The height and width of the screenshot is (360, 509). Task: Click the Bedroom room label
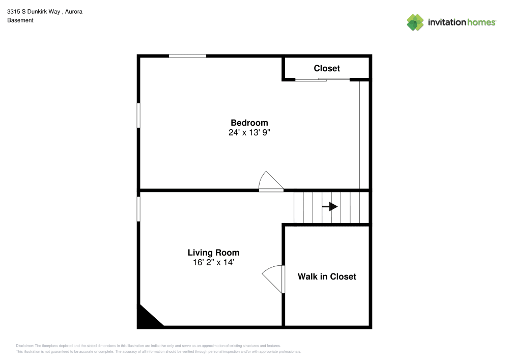coord(249,123)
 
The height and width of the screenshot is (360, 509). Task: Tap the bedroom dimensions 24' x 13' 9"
coord(249,132)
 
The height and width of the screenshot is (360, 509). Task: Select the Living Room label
coord(213,253)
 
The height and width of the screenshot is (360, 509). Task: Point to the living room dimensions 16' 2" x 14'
coord(213,262)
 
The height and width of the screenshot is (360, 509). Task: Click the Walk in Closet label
coord(327,276)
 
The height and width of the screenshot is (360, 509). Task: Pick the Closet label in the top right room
coord(327,68)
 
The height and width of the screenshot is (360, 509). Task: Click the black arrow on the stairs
coord(330,207)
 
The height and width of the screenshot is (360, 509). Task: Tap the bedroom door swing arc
coord(270,181)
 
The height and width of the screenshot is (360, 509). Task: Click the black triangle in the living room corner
coord(146,319)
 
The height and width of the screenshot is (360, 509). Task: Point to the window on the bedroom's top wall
coord(187,56)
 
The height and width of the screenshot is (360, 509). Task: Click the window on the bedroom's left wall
coord(138,115)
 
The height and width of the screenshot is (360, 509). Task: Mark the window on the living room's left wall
coord(138,209)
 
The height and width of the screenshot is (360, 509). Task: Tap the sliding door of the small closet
coord(323,79)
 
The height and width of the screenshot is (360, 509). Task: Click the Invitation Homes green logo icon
coord(415,22)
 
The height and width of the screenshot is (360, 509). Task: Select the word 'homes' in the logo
coord(482,22)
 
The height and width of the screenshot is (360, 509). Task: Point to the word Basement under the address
coord(20,20)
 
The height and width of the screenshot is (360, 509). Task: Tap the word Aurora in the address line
coord(73,10)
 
